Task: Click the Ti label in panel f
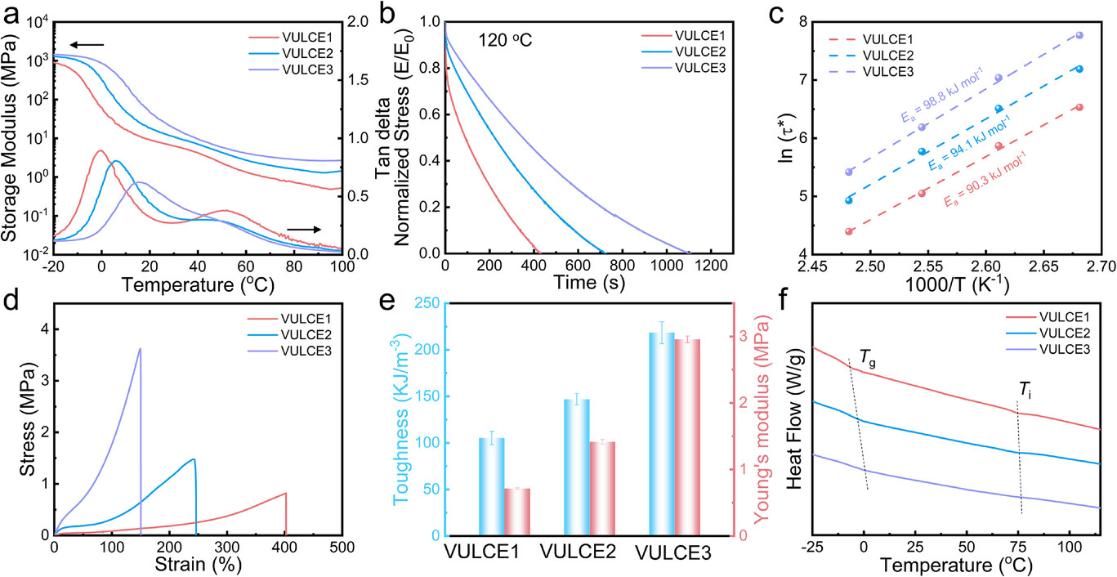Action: pos(1024,388)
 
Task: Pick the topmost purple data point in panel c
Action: pos(1080,35)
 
